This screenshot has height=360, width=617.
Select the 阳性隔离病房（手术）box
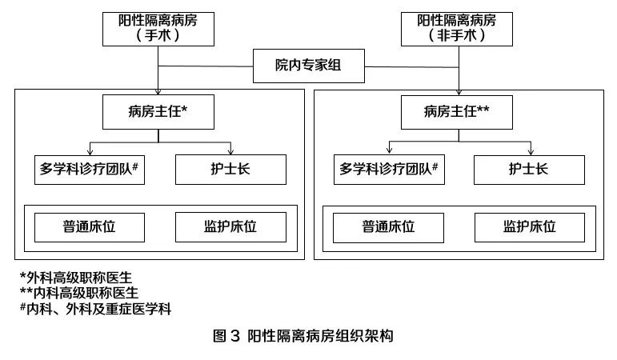158,28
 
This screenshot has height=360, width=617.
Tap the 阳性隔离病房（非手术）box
457,28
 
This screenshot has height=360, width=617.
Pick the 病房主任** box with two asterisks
457,112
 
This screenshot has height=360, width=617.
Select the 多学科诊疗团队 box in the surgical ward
90,169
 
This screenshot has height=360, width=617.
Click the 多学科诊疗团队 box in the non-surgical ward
389,169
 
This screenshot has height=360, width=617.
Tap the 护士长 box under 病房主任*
230,169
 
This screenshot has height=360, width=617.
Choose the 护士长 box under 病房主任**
528,169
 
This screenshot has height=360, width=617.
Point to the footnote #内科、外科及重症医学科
96,308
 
